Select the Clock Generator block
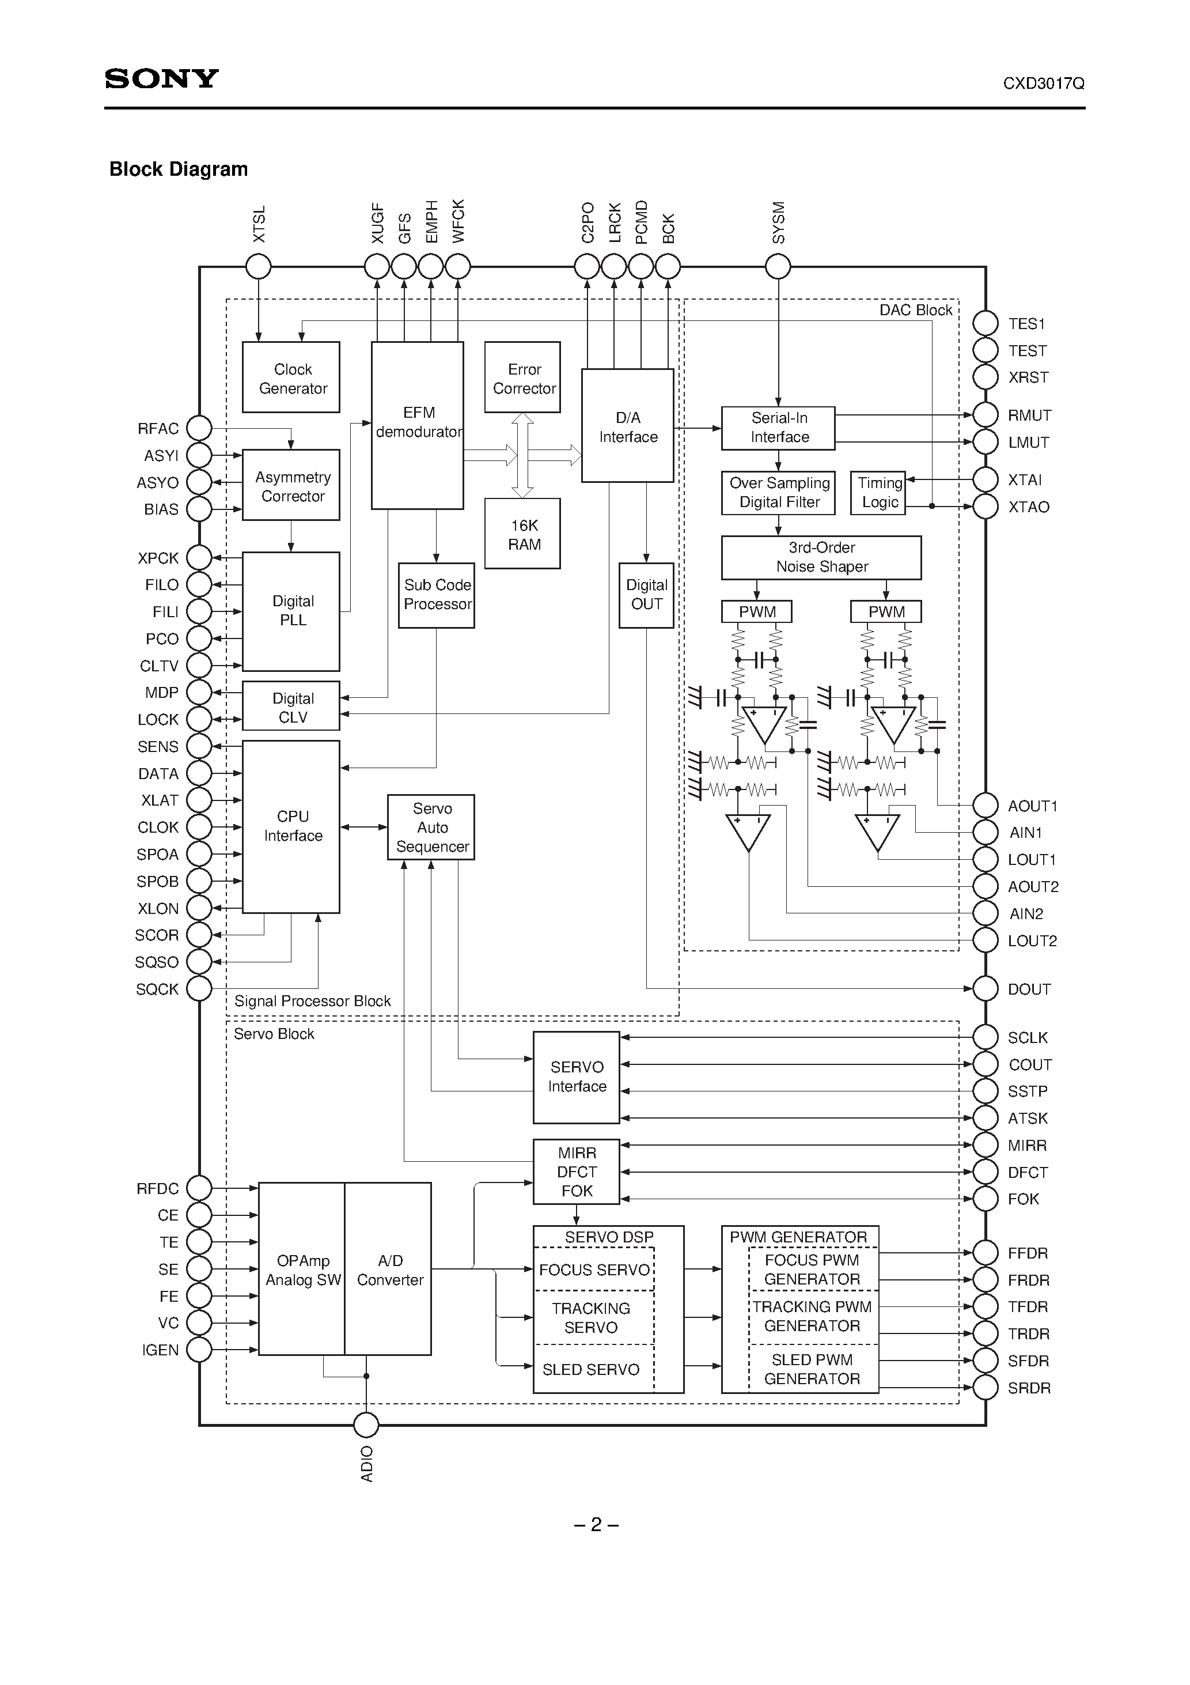click(x=291, y=377)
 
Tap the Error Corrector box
click(x=522, y=377)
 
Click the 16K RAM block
click(x=522, y=534)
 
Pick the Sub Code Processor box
click(x=437, y=595)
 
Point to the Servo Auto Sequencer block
click(x=431, y=827)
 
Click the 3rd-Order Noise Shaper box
click(x=821, y=558)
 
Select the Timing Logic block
click(x=878, y=493)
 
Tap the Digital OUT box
click(x=646, y=595)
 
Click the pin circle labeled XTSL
click(x=258, y=266)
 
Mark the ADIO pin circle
click(x=366, y=1425)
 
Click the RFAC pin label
click(x=158, y=429)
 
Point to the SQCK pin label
click(x=157, y=989)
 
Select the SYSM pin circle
click(x=778, y=266)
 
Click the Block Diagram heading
click(x=179, y=169)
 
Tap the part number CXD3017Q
click(x=1043, y=84)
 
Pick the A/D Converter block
click(x=389, y=1270)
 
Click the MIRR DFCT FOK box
click(x=577, y=1172)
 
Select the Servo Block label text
click(x=274, y=1034)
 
